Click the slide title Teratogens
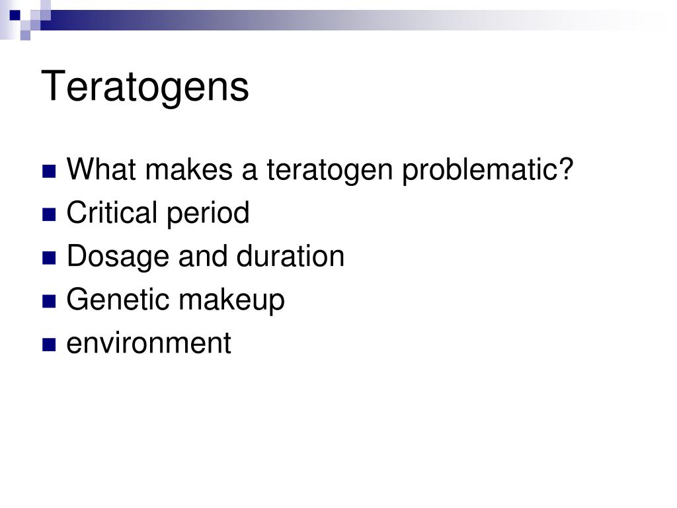(145, 87)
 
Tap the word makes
(190, 171)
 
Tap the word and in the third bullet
(199, 256)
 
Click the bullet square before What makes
(48, 173)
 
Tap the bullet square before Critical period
(48, 215)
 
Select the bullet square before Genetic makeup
(48, 302)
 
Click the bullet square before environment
(48, 345)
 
